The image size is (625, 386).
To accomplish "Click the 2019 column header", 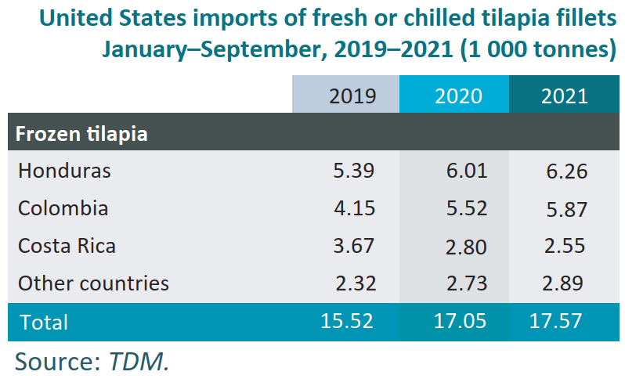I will coord(352,96).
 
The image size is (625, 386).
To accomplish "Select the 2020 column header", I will coord(458,96).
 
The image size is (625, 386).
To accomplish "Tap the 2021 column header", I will coord(564,96).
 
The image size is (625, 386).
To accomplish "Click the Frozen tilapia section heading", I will coord(82,133).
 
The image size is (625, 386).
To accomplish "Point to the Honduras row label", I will coord(64,171).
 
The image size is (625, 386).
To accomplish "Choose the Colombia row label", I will coord(63,208).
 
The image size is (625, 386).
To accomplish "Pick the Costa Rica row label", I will coord(67,246).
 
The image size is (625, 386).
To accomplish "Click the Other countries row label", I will coord(93,283).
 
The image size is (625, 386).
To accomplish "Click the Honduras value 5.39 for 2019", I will coord(352,171).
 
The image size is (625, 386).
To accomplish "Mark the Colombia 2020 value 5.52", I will coord(464,208).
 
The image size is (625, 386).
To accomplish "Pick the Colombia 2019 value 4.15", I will coord(352,208).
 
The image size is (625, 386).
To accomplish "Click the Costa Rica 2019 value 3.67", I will coord(352,246).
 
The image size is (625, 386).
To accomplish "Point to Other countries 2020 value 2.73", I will coord(464,283).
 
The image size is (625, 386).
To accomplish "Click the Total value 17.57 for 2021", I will coord(558,320).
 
